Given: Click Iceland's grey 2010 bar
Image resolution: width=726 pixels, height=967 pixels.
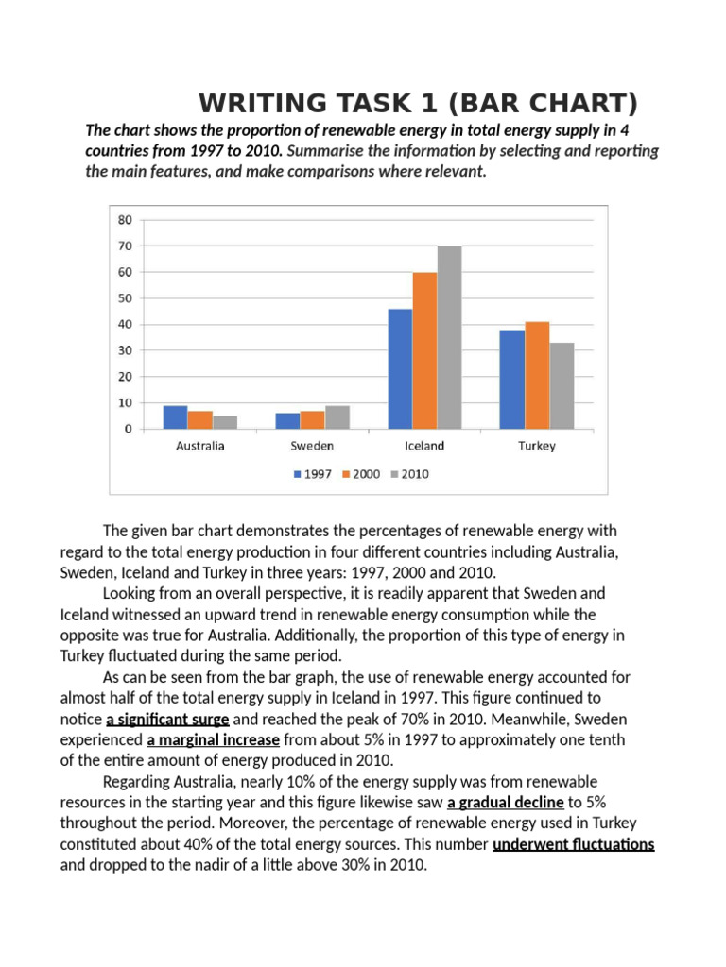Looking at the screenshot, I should pyautogui.click(x=449, y=337).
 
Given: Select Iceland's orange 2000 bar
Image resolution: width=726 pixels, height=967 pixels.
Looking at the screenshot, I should pyautogui.click(x=424, y=350).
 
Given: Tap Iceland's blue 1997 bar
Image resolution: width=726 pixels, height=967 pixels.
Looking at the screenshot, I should pyautogui.click(x=400, y=368).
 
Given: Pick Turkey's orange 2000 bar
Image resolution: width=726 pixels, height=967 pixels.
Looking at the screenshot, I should pyautogui.click(x=537, y=375).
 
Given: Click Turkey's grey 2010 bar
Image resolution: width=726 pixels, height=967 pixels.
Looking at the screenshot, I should pyautogui.click(x=562, y=385).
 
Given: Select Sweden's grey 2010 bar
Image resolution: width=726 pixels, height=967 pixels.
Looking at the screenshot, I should pyautogui.click(x=337, y=417).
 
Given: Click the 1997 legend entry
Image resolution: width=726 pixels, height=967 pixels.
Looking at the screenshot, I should pyautogui.click(x=312, y=474).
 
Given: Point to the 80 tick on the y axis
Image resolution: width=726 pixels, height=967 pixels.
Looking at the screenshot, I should pyautogui.click(x=125, y=220).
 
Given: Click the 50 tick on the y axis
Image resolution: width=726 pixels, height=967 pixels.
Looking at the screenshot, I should pyautogui.click(x=125, y=298).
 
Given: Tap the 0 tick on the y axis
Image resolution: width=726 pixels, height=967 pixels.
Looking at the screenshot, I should pyautogui.click(x=128, y=429).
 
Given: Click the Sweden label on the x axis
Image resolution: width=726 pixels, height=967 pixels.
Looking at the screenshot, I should pyautogui.click(x=312, y=446).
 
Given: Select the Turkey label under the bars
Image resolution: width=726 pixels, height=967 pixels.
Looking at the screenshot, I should pyautogui.click(x=537, y=446).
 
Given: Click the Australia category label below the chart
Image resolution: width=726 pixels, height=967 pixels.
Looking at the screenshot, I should pyautogui.click(x=200, y=446).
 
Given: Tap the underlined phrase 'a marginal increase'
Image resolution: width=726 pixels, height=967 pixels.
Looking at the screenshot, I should pyautogui.click(x=213, y=739).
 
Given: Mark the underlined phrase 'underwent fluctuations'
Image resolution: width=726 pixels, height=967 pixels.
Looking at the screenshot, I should pyautogui.click(x=574, y=844).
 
